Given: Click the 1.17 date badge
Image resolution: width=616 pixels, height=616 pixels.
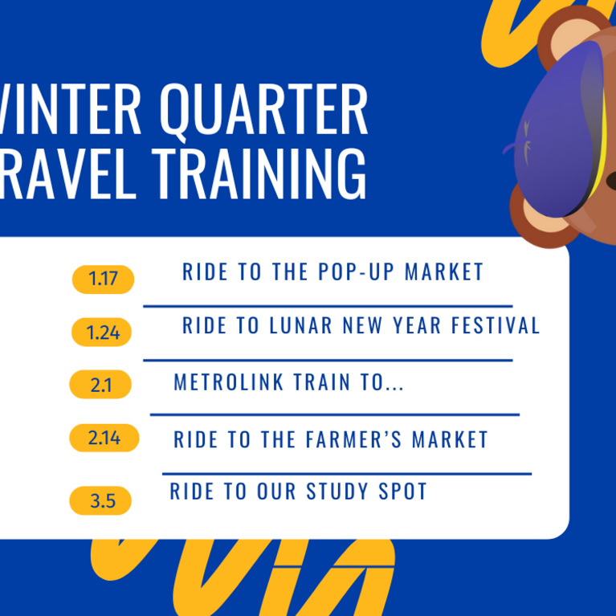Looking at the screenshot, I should coord(103,279).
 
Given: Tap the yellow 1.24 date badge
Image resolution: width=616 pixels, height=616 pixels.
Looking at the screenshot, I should coord(101,332).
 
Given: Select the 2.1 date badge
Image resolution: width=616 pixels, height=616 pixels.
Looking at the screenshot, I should coord(100,385).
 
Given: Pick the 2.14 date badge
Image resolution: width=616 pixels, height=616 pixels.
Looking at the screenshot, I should coord(104,438).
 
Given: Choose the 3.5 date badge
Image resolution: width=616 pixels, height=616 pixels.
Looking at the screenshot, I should coord(101,501).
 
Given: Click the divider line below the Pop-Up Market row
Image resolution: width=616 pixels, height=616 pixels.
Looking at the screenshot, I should coord(328,306).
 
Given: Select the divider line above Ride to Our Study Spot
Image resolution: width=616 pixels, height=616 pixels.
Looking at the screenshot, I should coord(346,474).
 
